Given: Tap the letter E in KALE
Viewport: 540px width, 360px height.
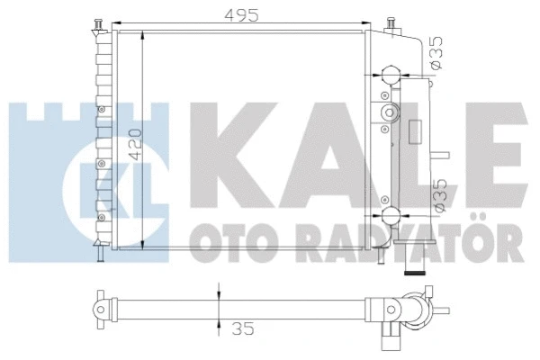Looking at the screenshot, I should (x=487, y=145).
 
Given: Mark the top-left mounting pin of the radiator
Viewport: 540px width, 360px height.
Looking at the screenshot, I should (x=98, y=22).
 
